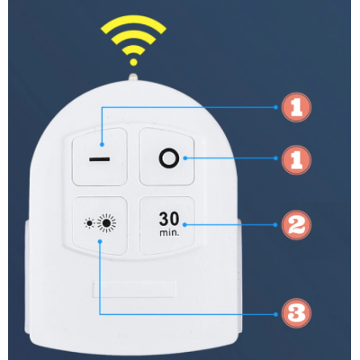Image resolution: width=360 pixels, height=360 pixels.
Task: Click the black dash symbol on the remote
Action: (99, 159)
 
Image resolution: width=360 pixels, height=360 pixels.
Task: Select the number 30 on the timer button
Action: (169, 219)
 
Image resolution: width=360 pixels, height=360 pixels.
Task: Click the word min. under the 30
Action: (169, 232)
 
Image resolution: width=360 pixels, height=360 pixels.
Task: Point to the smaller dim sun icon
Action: (89, 223)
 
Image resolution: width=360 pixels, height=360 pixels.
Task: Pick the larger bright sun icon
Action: (106, 223)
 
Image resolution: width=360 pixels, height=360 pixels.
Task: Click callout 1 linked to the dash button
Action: (296, 107)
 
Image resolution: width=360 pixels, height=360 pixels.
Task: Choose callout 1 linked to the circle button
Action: (296, 159)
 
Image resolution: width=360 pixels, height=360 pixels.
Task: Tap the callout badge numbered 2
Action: (296, 225)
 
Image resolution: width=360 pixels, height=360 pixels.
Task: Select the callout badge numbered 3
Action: (296, 313)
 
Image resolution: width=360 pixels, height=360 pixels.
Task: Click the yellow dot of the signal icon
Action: (134, 62)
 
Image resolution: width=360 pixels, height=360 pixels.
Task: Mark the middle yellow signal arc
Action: (133, 34)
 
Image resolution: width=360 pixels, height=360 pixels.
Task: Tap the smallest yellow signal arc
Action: (133, 49)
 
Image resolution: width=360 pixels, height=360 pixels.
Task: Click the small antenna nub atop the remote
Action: (133, 76)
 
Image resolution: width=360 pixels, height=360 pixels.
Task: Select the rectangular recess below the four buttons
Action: (134, 289)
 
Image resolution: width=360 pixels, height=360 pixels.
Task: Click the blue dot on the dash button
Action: (103, 145)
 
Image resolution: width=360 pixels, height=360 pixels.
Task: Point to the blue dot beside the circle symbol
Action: (185, 158)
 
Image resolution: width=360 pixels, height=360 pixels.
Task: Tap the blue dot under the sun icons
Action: (100, 241)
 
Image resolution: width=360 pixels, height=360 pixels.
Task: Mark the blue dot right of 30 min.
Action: (184, 225)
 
